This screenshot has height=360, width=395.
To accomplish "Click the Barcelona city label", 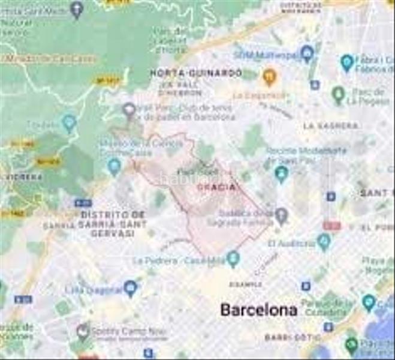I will tap(258, 310).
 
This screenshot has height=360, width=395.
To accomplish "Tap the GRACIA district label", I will tap(216, 188).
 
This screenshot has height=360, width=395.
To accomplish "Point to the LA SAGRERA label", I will tap(330, 126).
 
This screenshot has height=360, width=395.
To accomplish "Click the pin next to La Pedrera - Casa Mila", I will tap(233, 259).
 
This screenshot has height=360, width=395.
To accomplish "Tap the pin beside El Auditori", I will tap(324, 242).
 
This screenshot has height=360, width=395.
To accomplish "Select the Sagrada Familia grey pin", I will tap(281, 215).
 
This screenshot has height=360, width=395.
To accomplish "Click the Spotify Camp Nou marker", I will tap(83, 331).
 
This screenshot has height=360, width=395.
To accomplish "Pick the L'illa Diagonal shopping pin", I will tap(131, 289).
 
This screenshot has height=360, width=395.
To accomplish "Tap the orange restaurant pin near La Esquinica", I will tap(269, 77).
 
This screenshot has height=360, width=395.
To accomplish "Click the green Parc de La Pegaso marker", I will tap(339, 94).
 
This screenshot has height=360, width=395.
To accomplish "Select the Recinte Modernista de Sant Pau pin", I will tap(281, 174).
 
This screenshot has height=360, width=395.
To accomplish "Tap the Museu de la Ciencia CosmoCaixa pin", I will tap(114, 166).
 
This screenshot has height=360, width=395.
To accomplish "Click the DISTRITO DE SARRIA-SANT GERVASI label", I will tap(113, 223).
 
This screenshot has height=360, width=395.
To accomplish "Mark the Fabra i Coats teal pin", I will tap(346, 62).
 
